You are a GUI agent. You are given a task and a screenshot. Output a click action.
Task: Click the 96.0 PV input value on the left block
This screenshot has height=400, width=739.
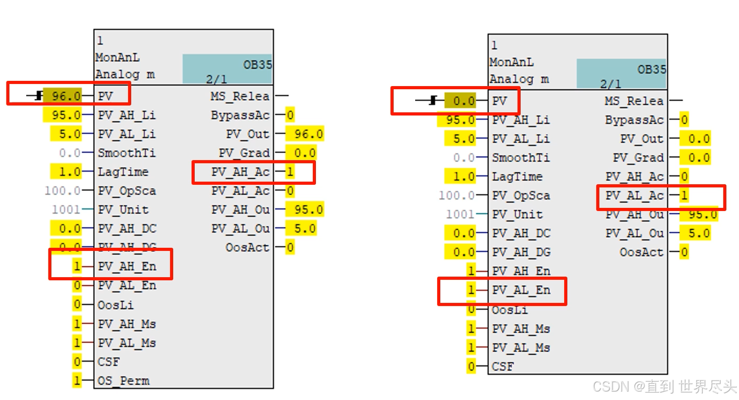63,96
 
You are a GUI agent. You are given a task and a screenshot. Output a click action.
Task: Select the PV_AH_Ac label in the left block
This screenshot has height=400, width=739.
240,172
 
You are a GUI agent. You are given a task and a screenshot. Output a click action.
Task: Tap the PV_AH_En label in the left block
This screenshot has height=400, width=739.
126,267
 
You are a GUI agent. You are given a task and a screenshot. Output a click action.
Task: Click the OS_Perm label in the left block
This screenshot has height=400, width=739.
124,381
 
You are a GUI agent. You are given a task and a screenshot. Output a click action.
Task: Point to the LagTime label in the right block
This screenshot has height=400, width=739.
517,176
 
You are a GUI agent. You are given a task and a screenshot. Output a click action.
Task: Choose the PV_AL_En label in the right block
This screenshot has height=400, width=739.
521,290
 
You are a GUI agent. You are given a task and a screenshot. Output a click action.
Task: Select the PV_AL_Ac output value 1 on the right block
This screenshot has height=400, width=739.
684,196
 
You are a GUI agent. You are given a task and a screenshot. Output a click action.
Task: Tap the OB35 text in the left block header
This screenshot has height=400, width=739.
257,65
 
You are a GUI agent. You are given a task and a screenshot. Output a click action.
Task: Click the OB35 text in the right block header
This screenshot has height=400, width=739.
651,69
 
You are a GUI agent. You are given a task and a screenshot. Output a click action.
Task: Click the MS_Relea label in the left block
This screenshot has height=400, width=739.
240,96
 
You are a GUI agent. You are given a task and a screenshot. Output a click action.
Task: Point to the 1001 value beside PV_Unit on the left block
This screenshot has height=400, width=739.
66,209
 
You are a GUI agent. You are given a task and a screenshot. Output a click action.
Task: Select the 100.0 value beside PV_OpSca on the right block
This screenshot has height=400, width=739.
457,195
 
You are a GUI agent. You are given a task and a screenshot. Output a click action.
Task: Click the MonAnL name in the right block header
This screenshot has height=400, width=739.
512,62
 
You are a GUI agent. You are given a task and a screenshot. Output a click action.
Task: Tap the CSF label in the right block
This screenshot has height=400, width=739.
503,366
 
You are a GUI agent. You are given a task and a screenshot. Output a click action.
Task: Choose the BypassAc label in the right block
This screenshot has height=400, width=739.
634,120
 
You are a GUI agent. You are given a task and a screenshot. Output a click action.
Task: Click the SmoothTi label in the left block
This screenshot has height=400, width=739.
126,153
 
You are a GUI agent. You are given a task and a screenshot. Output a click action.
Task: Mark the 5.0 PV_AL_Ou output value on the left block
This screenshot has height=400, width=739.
305,228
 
